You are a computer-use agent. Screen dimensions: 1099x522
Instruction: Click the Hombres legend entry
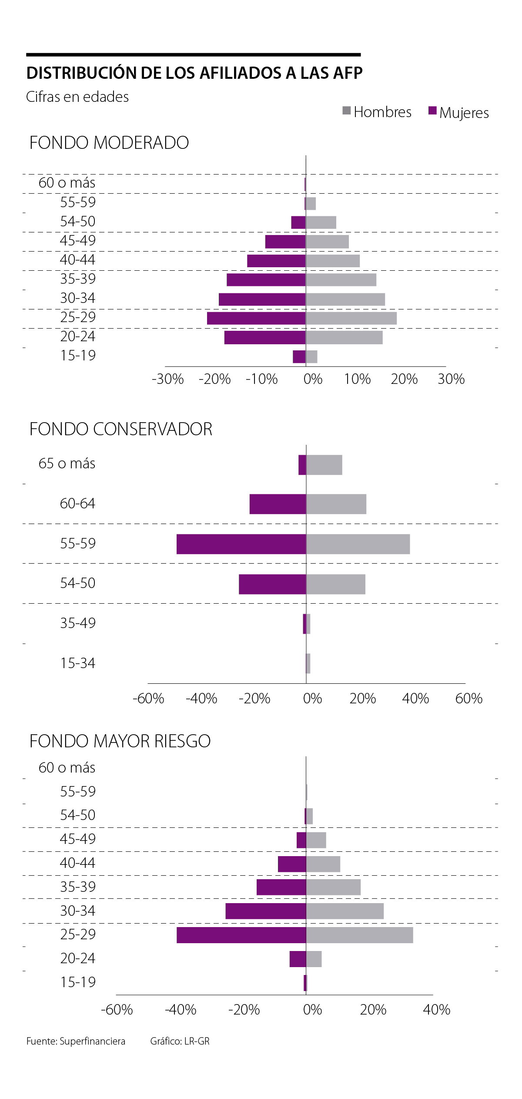click(377, 112)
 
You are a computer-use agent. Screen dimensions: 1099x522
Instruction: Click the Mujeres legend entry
click(458, 112)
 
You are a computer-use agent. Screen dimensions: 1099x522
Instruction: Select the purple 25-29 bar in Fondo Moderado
click(256, 318)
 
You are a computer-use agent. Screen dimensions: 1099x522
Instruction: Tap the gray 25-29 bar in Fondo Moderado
click(351, 318)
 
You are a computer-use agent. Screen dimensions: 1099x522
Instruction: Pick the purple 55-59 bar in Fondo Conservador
click(241, 544)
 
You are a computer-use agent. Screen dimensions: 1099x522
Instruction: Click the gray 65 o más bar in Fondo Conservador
click(324, 464)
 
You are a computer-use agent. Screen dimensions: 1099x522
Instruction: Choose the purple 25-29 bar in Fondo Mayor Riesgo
click(241, 934)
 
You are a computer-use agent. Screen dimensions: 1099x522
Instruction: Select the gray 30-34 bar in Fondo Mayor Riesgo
click(345, 911)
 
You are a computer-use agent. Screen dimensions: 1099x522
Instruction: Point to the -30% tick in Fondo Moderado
click(168, 379)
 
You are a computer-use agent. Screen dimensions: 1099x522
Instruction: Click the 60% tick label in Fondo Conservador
click(468, 698)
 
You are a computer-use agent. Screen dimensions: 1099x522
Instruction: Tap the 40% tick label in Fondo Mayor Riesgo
click(436, 1009)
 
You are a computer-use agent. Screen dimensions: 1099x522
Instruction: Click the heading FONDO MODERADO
click(109, 143)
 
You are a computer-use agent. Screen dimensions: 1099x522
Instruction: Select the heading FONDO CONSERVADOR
click(120, 429)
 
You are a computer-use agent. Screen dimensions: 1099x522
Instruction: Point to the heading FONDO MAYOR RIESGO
click(120, 741)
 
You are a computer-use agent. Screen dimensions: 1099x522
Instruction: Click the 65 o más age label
click(67, 464)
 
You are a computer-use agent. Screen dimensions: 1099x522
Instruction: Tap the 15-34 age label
click(77, 663)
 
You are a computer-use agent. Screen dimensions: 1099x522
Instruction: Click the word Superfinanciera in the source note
click(92, 1041)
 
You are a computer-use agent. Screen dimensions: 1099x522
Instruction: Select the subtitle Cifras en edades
click(77, 97)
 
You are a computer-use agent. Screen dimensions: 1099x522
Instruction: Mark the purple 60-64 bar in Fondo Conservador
click(278, 504)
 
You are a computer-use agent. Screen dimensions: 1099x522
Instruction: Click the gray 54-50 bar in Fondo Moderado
click(321, 222)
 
